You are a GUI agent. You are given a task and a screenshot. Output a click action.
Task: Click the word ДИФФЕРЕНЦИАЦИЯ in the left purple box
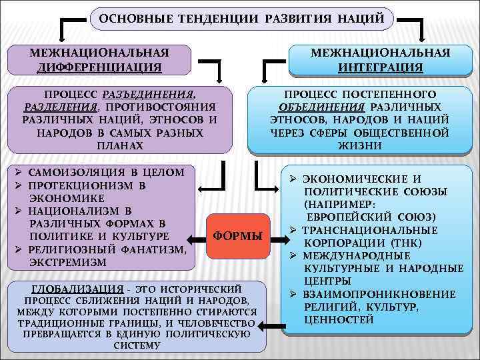coord(99,67)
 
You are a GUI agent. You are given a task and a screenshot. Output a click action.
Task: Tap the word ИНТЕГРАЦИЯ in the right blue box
coord(381,67)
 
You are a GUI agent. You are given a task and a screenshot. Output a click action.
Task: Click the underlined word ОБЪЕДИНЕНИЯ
coord(321,107)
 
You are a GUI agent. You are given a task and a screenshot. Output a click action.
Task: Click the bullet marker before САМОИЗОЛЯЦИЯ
coord(20,173)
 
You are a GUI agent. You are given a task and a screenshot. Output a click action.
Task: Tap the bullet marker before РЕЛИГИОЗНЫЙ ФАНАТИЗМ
coord(20,249)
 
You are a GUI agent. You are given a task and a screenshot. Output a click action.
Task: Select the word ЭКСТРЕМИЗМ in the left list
coord(67,262)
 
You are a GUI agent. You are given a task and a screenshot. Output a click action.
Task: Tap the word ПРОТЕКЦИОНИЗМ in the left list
coord(82,185)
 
